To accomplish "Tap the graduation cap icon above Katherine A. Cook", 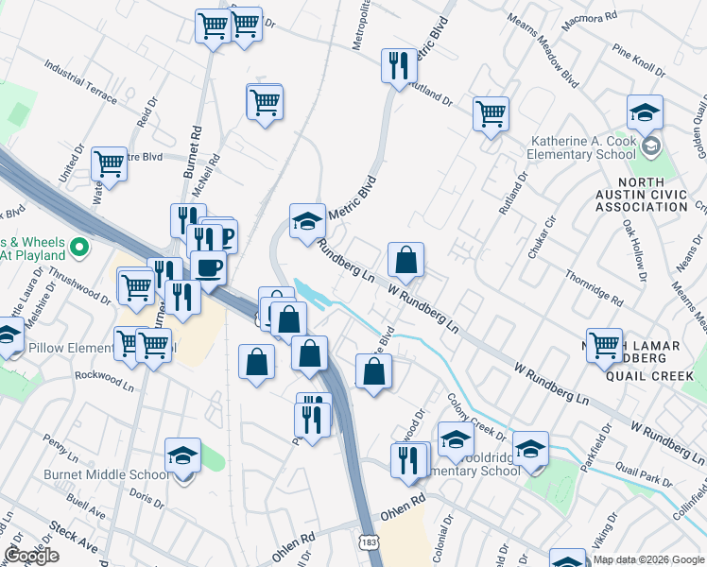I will (645, 113).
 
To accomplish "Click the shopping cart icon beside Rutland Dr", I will (491, 114).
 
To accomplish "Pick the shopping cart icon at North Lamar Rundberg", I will (604, 345).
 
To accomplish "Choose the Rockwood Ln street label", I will (105, 379).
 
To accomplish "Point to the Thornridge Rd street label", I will (594, 288).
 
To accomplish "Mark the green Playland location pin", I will (79, 249).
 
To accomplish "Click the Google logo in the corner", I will (30, 556).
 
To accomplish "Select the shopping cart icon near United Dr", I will (109, 164).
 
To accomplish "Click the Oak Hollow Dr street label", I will (634, 251).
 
